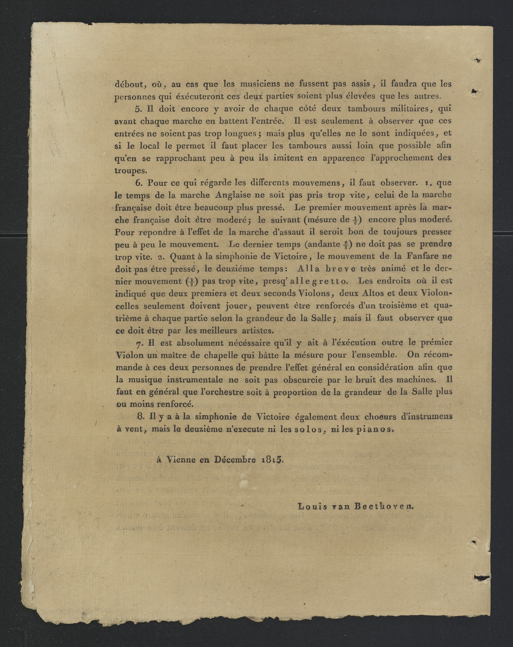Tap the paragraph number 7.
coord(139,343)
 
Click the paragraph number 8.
coord(141,417)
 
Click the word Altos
coord(366,293)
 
